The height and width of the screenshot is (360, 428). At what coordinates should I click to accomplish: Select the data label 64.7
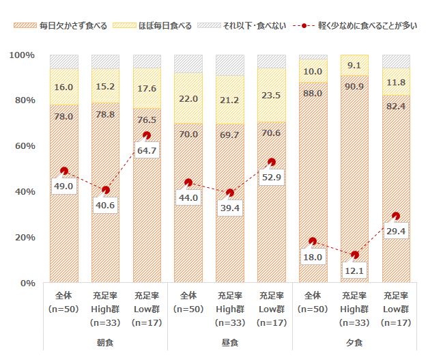147,150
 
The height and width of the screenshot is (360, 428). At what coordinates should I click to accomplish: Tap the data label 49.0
63,186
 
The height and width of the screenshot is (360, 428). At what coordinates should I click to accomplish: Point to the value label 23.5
271,95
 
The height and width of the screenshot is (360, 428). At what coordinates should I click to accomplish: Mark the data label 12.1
355,271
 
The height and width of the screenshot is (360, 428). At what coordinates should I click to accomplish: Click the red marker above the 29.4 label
396,216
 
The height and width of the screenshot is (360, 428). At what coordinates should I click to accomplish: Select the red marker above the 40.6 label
105,190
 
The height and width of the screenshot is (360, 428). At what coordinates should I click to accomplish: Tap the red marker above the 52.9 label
272,162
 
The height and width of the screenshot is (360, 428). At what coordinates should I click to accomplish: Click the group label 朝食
105,341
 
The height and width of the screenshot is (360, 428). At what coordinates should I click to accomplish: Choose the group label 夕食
354,341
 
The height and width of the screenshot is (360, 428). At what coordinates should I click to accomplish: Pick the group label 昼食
230,341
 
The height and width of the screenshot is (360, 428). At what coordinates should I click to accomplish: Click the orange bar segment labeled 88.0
313,171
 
